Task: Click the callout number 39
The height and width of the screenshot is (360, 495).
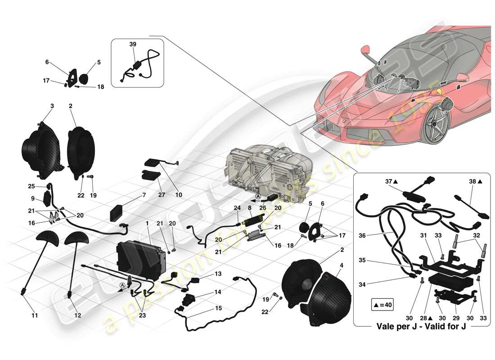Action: point(133,45)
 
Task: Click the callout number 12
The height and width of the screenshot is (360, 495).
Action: point(77,315)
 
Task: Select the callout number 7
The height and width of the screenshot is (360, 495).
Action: point(144,195)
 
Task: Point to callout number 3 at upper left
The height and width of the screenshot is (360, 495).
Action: point(52,106)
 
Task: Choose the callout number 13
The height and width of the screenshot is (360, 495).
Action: point(218,273)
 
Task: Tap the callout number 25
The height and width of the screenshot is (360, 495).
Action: point(31,186)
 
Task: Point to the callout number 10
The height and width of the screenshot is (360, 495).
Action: point(179,195)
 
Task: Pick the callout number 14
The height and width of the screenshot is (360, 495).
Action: point(218,292)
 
